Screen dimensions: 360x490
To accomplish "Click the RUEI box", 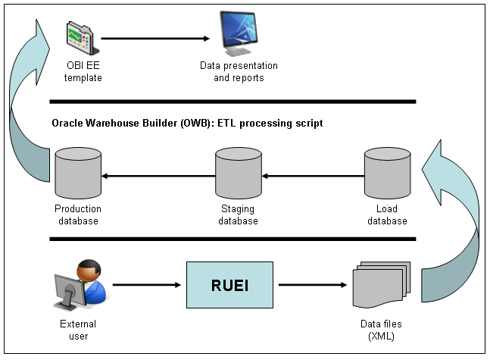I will [229, 285].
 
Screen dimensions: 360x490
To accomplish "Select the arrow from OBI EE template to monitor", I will [155, 38].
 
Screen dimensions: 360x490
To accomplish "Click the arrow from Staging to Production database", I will [158, 176].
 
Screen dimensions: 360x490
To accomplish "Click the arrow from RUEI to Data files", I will [312, 286].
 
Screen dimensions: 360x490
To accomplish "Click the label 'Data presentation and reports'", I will [239, 72].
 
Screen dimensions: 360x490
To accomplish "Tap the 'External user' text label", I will [79, 330].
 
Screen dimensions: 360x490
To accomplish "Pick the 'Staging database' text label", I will [238, 214].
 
